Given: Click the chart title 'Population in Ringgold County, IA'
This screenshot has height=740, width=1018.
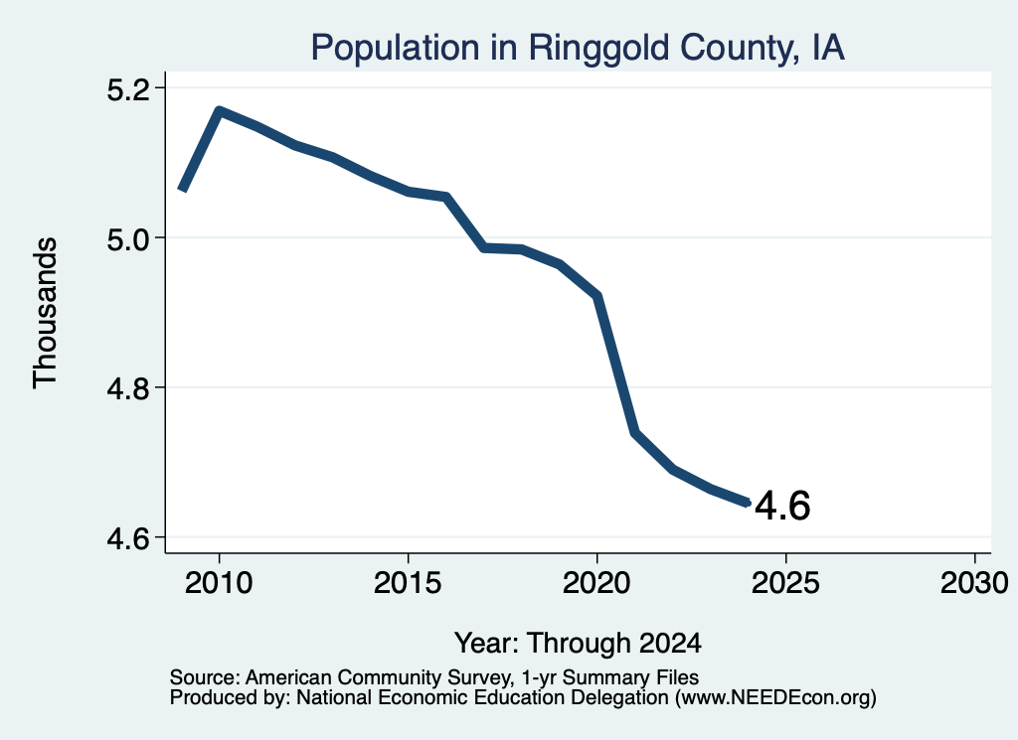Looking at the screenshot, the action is tap(578, 48).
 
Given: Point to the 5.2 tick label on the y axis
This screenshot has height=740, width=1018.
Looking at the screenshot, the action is tap(128, 88).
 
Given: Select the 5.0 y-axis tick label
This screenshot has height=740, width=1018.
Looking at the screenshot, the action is tap(128, 238).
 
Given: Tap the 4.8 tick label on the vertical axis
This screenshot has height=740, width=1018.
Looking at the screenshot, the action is tap(128, 388).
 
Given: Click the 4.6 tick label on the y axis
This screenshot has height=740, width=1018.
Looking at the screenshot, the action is tap(128, 538).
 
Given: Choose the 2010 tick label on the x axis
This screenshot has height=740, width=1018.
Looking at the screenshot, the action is tap(219, 582).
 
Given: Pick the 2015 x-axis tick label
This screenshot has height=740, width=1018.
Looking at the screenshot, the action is tap(408, 582).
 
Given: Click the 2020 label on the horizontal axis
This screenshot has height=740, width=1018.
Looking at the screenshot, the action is tap(596, 582).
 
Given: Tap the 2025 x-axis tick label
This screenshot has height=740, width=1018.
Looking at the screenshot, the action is tap(785, 582).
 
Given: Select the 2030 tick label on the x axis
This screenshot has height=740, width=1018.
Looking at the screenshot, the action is tap(974, 582).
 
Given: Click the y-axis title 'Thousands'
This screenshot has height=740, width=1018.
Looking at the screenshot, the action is tap(46, 313).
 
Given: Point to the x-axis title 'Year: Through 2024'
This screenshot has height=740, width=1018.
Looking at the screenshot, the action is tap(578, 644).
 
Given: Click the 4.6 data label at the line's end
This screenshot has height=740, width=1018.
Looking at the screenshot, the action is tap(782, 506).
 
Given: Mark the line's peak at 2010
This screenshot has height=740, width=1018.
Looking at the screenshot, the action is tap(220, 111).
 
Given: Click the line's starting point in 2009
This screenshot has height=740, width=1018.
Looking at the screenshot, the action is tap(183, 190).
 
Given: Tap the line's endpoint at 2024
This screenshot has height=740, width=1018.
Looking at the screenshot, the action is tap(748, 503).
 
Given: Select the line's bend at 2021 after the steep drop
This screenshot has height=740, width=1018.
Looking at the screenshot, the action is tap(635, 433).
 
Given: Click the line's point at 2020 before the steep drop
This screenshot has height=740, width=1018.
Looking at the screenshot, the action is tap(597, 296).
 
